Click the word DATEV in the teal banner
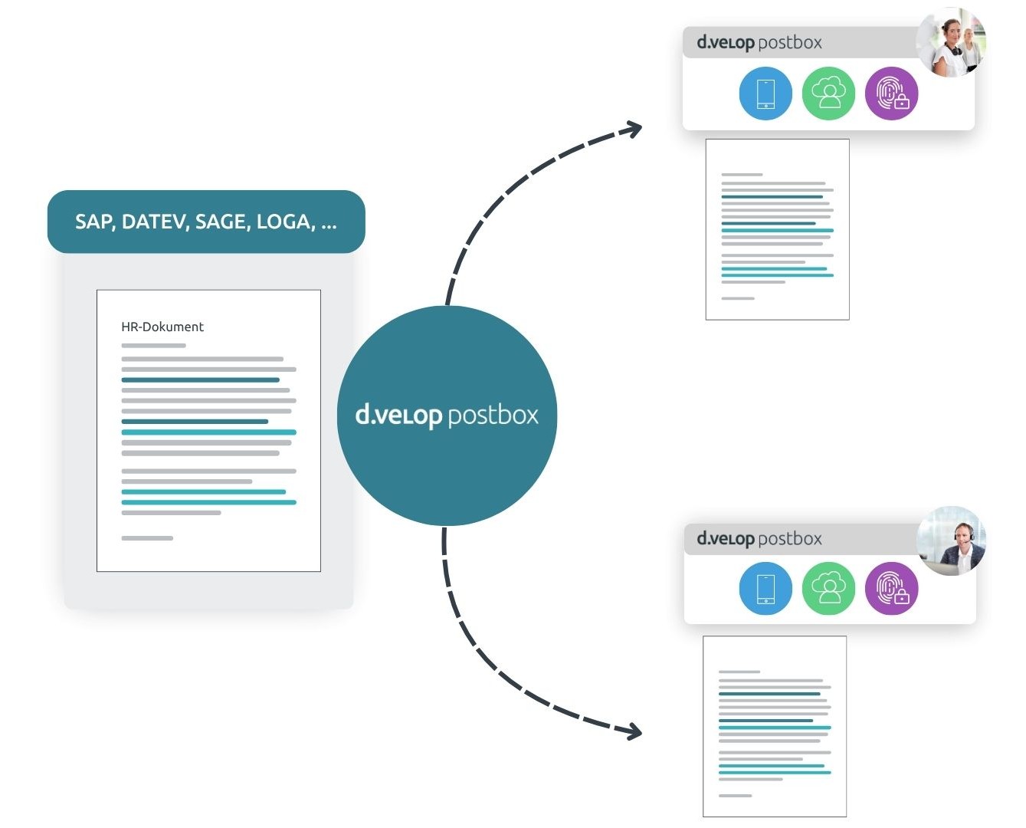pos(156,222)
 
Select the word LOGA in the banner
pos(284,222)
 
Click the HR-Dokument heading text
pos(162,327)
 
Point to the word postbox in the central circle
pos(493,416)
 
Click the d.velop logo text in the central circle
pos(398,416)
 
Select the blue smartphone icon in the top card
pos(765,94)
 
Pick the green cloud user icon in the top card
pos(828,94)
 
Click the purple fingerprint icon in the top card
pos(892,94)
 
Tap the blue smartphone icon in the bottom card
pos(765,589)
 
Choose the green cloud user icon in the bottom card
pos(828,589)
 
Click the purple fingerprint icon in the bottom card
pos(892,589)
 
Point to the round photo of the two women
pos(951,42)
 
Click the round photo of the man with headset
pos(951,540)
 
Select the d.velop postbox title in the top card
pos(759,43)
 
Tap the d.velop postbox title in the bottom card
pos(759,539)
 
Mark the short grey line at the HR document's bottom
pos(147,538)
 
